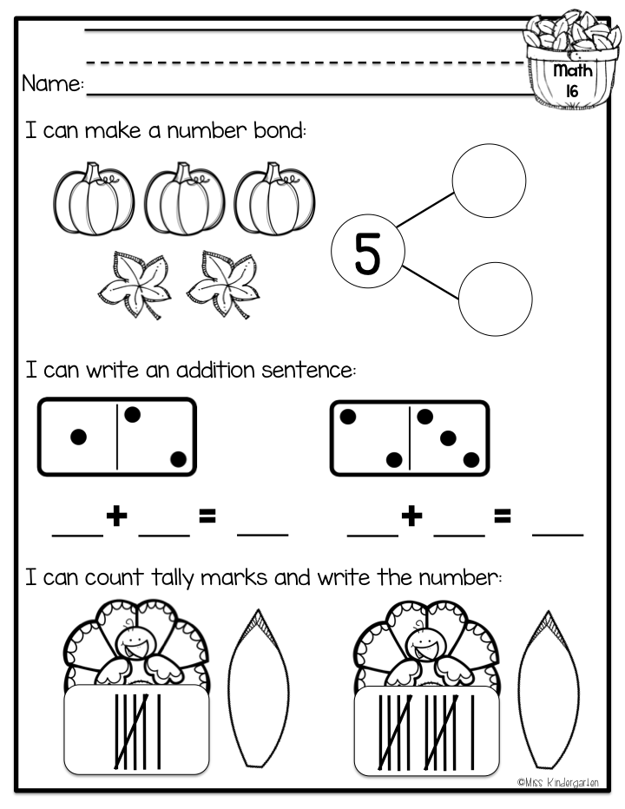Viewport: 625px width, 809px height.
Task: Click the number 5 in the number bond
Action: [367, 253]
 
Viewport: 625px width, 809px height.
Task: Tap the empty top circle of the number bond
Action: [489, 181]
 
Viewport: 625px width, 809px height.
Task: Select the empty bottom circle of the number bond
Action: [495, 299]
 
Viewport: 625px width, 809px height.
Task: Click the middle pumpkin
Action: [184, 199]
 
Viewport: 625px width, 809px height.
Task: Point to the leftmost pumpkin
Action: [94, 199]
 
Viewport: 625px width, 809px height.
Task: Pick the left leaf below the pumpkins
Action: [135, 284]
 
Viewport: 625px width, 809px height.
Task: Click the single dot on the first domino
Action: [78, 437]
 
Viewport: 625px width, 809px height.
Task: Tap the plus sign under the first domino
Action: [116, 516]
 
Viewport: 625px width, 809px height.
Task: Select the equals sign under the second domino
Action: [502, 516]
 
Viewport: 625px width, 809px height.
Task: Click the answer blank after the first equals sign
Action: [263, 535]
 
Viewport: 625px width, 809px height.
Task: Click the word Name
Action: [52, 83]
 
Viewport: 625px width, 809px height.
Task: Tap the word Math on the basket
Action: [573, 70]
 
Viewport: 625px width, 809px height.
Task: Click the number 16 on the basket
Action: [572, 91]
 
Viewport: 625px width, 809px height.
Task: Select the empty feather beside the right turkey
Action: [548, 689]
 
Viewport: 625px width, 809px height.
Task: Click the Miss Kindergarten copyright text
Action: [558, 783]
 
